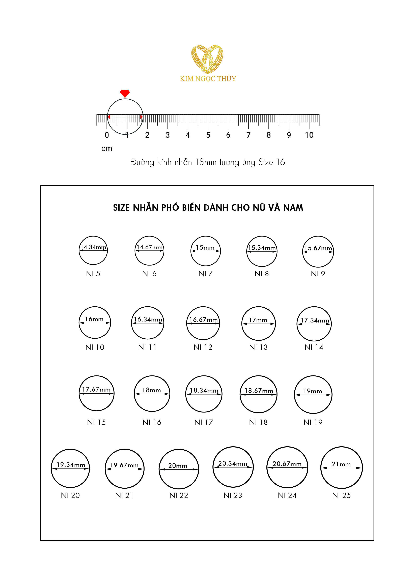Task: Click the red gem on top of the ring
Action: pos(125,93)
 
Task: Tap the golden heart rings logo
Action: pos(207,59)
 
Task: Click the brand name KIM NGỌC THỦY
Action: pos(208,79)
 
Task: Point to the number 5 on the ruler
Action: pos(208,135)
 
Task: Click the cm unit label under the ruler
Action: pos(107,149)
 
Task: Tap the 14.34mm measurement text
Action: pos(93,247)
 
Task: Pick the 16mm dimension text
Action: pos(94,319)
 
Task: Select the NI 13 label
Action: pos(258,347)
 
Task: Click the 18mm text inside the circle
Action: pos(152,390)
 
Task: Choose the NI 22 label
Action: pos(179,495)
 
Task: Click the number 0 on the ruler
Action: pos(107,135)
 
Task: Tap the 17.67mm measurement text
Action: pos(96,390)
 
